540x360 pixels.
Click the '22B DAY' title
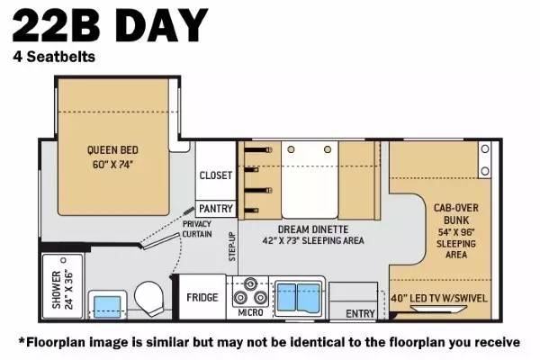[110, 26]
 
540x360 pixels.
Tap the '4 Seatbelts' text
[54, 57]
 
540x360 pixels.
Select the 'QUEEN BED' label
[112, 150]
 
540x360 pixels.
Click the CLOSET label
[216, 175]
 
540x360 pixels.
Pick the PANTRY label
[216, 209]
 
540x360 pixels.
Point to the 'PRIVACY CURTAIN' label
[197, 229]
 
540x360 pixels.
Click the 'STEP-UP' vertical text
[232, 247]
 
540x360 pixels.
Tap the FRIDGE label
[202, 297]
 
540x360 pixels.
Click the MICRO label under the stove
[250, 312]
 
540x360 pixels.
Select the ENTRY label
[360, 313]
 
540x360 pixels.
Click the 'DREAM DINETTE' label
[313, 229]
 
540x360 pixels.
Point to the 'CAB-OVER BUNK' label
[456, 214]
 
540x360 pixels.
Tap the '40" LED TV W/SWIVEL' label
[439, 298]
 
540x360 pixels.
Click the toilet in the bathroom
[148, 298]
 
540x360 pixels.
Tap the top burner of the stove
[250, 283]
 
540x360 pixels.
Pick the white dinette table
[310, 179]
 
